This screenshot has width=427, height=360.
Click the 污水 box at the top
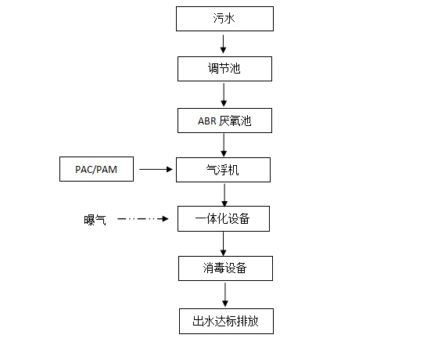tap(224, 19)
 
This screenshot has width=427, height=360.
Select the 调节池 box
tap(224, 69)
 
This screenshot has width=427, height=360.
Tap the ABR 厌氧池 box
tap(224, 121)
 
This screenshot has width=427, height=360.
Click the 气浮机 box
tap(224, 170)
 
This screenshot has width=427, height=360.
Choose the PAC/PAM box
tap(96, 169)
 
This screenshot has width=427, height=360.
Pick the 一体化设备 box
tap(224, 219)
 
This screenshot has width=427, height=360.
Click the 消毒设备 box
tap(225, 268)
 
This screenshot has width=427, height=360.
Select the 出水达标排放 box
tap(226, 322)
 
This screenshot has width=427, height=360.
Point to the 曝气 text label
tap(95, 220)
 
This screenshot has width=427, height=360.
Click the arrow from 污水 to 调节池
tap(224, 44)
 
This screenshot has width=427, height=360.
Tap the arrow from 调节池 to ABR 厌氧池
tap(224, 95)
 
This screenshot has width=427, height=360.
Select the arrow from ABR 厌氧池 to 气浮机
tap(224, 145)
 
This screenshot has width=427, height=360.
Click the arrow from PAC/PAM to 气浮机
tap(156, 170)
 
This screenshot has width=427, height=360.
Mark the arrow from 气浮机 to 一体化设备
tap(224, 195)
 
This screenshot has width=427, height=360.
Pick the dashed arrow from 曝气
tap(142, 218)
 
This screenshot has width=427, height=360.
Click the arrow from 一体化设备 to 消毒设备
tap(224, 244)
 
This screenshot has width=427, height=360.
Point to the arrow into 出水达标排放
tap(225, 294)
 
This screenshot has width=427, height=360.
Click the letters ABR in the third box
tap(207, 121)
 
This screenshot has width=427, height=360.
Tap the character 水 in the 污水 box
tap(230, 19)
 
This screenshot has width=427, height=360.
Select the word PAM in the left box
tap(106, 170)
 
